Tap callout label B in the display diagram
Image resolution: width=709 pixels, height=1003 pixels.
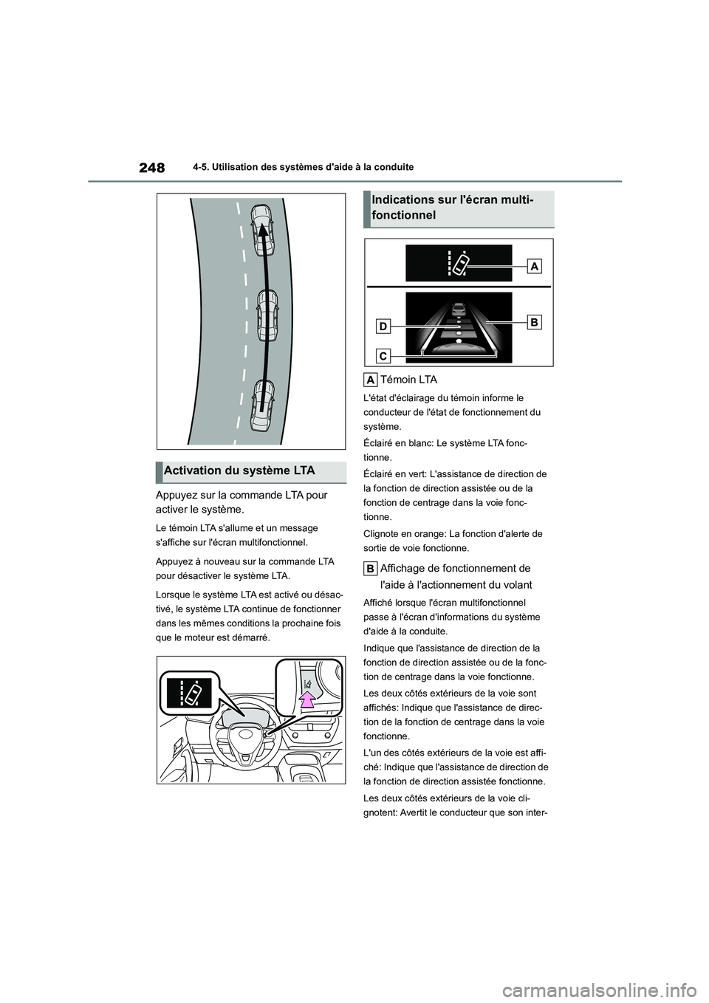[x=535, y=321]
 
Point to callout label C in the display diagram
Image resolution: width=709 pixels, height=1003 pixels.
[x=384, y=356]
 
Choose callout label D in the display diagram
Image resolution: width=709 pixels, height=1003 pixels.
[x=384, y=325]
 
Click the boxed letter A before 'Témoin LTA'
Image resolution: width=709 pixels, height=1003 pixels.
[x=371, y=380]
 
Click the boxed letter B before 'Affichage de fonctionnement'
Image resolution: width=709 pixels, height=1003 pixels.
[x=371, y=569]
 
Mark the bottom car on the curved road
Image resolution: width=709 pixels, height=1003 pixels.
[x=261, y=404]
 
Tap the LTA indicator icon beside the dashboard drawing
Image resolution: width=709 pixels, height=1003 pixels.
[x=191, y=694]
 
